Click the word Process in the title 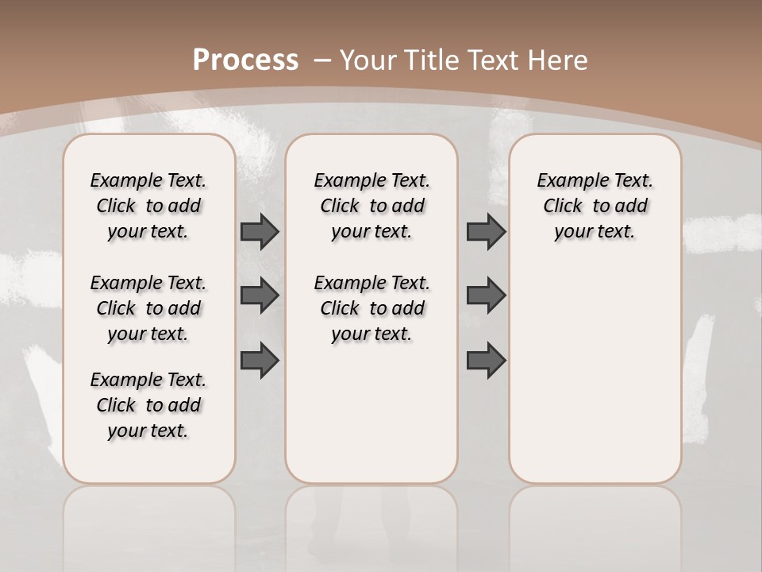(245, 60)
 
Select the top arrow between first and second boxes (260, 231)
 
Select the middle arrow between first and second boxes (260, 296)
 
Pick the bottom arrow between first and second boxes (260, 360)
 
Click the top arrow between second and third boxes (486, 231)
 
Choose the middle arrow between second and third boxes (486, 296)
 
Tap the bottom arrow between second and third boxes (486, 360)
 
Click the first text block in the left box (148, 206)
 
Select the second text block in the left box (148, 308)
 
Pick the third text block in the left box (148, 405)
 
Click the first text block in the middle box (371, 206)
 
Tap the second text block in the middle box (371, 308)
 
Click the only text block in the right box (595, 206)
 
